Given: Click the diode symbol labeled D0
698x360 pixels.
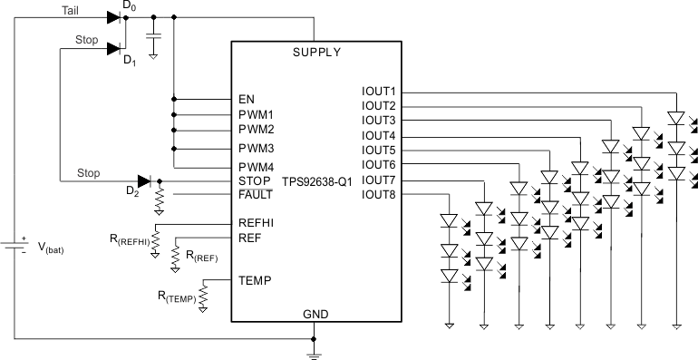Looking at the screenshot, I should (x=113, y=16).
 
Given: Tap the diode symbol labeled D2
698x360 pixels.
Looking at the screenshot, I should (x=143, y=180).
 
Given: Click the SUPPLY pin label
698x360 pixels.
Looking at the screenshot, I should (x=316, y=52).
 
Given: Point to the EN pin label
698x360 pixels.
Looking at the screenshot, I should (x=247, y=99).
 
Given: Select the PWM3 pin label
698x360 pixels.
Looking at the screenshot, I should (x=256, y=147).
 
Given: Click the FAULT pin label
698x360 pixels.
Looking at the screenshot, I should (x=256, y=194).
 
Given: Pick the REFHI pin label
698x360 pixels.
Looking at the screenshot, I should (x=257, y=223).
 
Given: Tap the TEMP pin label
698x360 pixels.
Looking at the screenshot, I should (x=254, y=280).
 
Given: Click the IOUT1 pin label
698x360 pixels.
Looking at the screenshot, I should (x=378, y=92).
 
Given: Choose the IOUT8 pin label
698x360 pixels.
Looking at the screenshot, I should (x=378, y=194).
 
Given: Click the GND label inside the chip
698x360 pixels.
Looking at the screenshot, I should (x=315, y=314).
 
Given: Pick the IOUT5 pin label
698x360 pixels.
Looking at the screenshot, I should (x=378, y=150).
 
